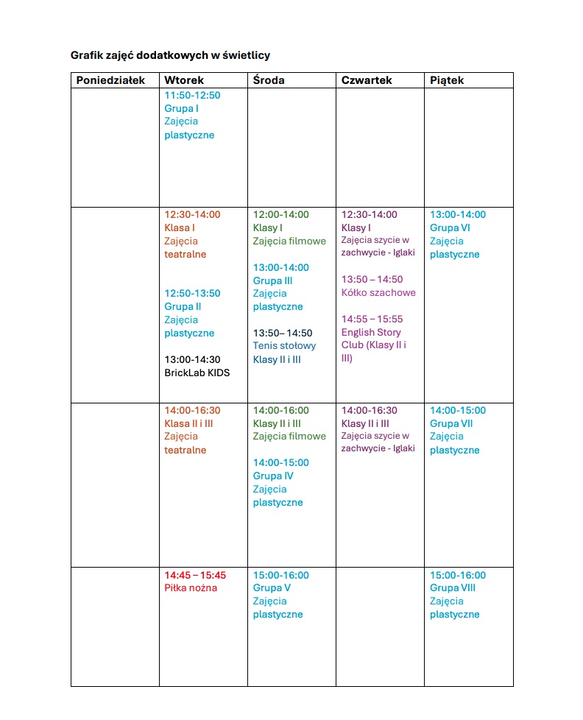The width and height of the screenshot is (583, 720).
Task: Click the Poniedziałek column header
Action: (x=110, y=80)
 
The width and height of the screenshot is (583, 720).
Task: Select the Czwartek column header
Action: (x=367, y=80)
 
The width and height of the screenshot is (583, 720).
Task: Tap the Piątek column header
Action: (x=447, y=80)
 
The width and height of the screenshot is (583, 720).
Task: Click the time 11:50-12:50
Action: (x=192, y=96)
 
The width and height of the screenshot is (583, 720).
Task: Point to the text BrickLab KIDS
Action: (x=197, y=373)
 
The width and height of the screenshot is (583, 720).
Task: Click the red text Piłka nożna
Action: (x=191, y=588)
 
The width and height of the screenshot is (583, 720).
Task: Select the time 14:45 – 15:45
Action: (x=195, y=575)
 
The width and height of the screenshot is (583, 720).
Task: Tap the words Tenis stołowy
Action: (x=284, y=346)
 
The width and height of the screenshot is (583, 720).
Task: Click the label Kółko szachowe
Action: (x=378, y=293)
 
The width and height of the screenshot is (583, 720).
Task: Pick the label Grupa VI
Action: (x=450, y=228)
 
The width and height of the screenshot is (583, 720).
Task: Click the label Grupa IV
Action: (x=273, y=476)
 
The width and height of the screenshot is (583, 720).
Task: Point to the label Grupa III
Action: (x=272, y=280)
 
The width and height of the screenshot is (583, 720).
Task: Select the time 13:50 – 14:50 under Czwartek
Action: (x=372, y=280)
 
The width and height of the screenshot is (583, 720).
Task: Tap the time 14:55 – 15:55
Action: (x=372, y=320)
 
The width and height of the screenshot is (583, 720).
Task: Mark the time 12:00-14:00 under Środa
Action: (x=280, y=215)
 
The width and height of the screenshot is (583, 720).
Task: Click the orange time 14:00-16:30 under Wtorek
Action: (x=192, y=411)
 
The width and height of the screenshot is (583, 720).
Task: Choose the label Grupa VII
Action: (x=451, y=424)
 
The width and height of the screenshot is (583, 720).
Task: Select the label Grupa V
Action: (x=272, y=588)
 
